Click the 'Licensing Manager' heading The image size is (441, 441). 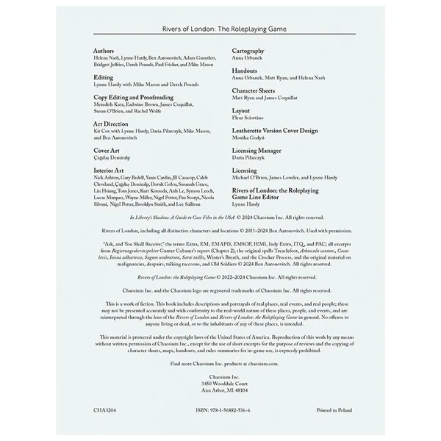coord(260,150)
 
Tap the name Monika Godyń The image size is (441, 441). coord(251,137)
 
